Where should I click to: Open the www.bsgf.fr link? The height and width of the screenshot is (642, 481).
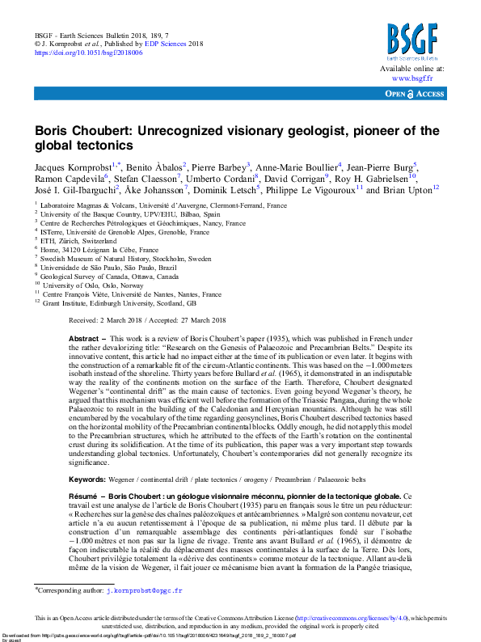point(411,79)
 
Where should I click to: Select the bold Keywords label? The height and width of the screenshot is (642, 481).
point(89,479)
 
